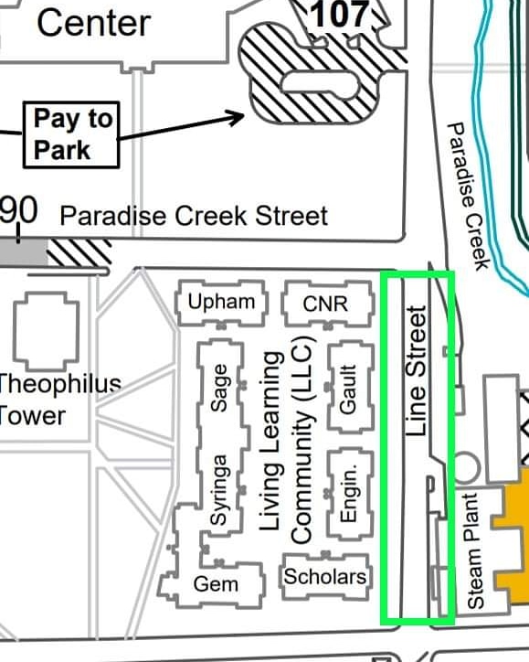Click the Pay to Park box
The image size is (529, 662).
click(73, 133)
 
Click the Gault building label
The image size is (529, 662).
click(347, 389)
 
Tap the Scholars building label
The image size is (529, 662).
click(325, 576)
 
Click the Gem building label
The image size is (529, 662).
click(216, 583)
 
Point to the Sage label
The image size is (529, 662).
click(219, 389)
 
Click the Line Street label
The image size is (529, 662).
click(417, 371)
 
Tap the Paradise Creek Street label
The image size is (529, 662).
click(193, 216)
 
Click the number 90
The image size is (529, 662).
click(18, 211)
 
